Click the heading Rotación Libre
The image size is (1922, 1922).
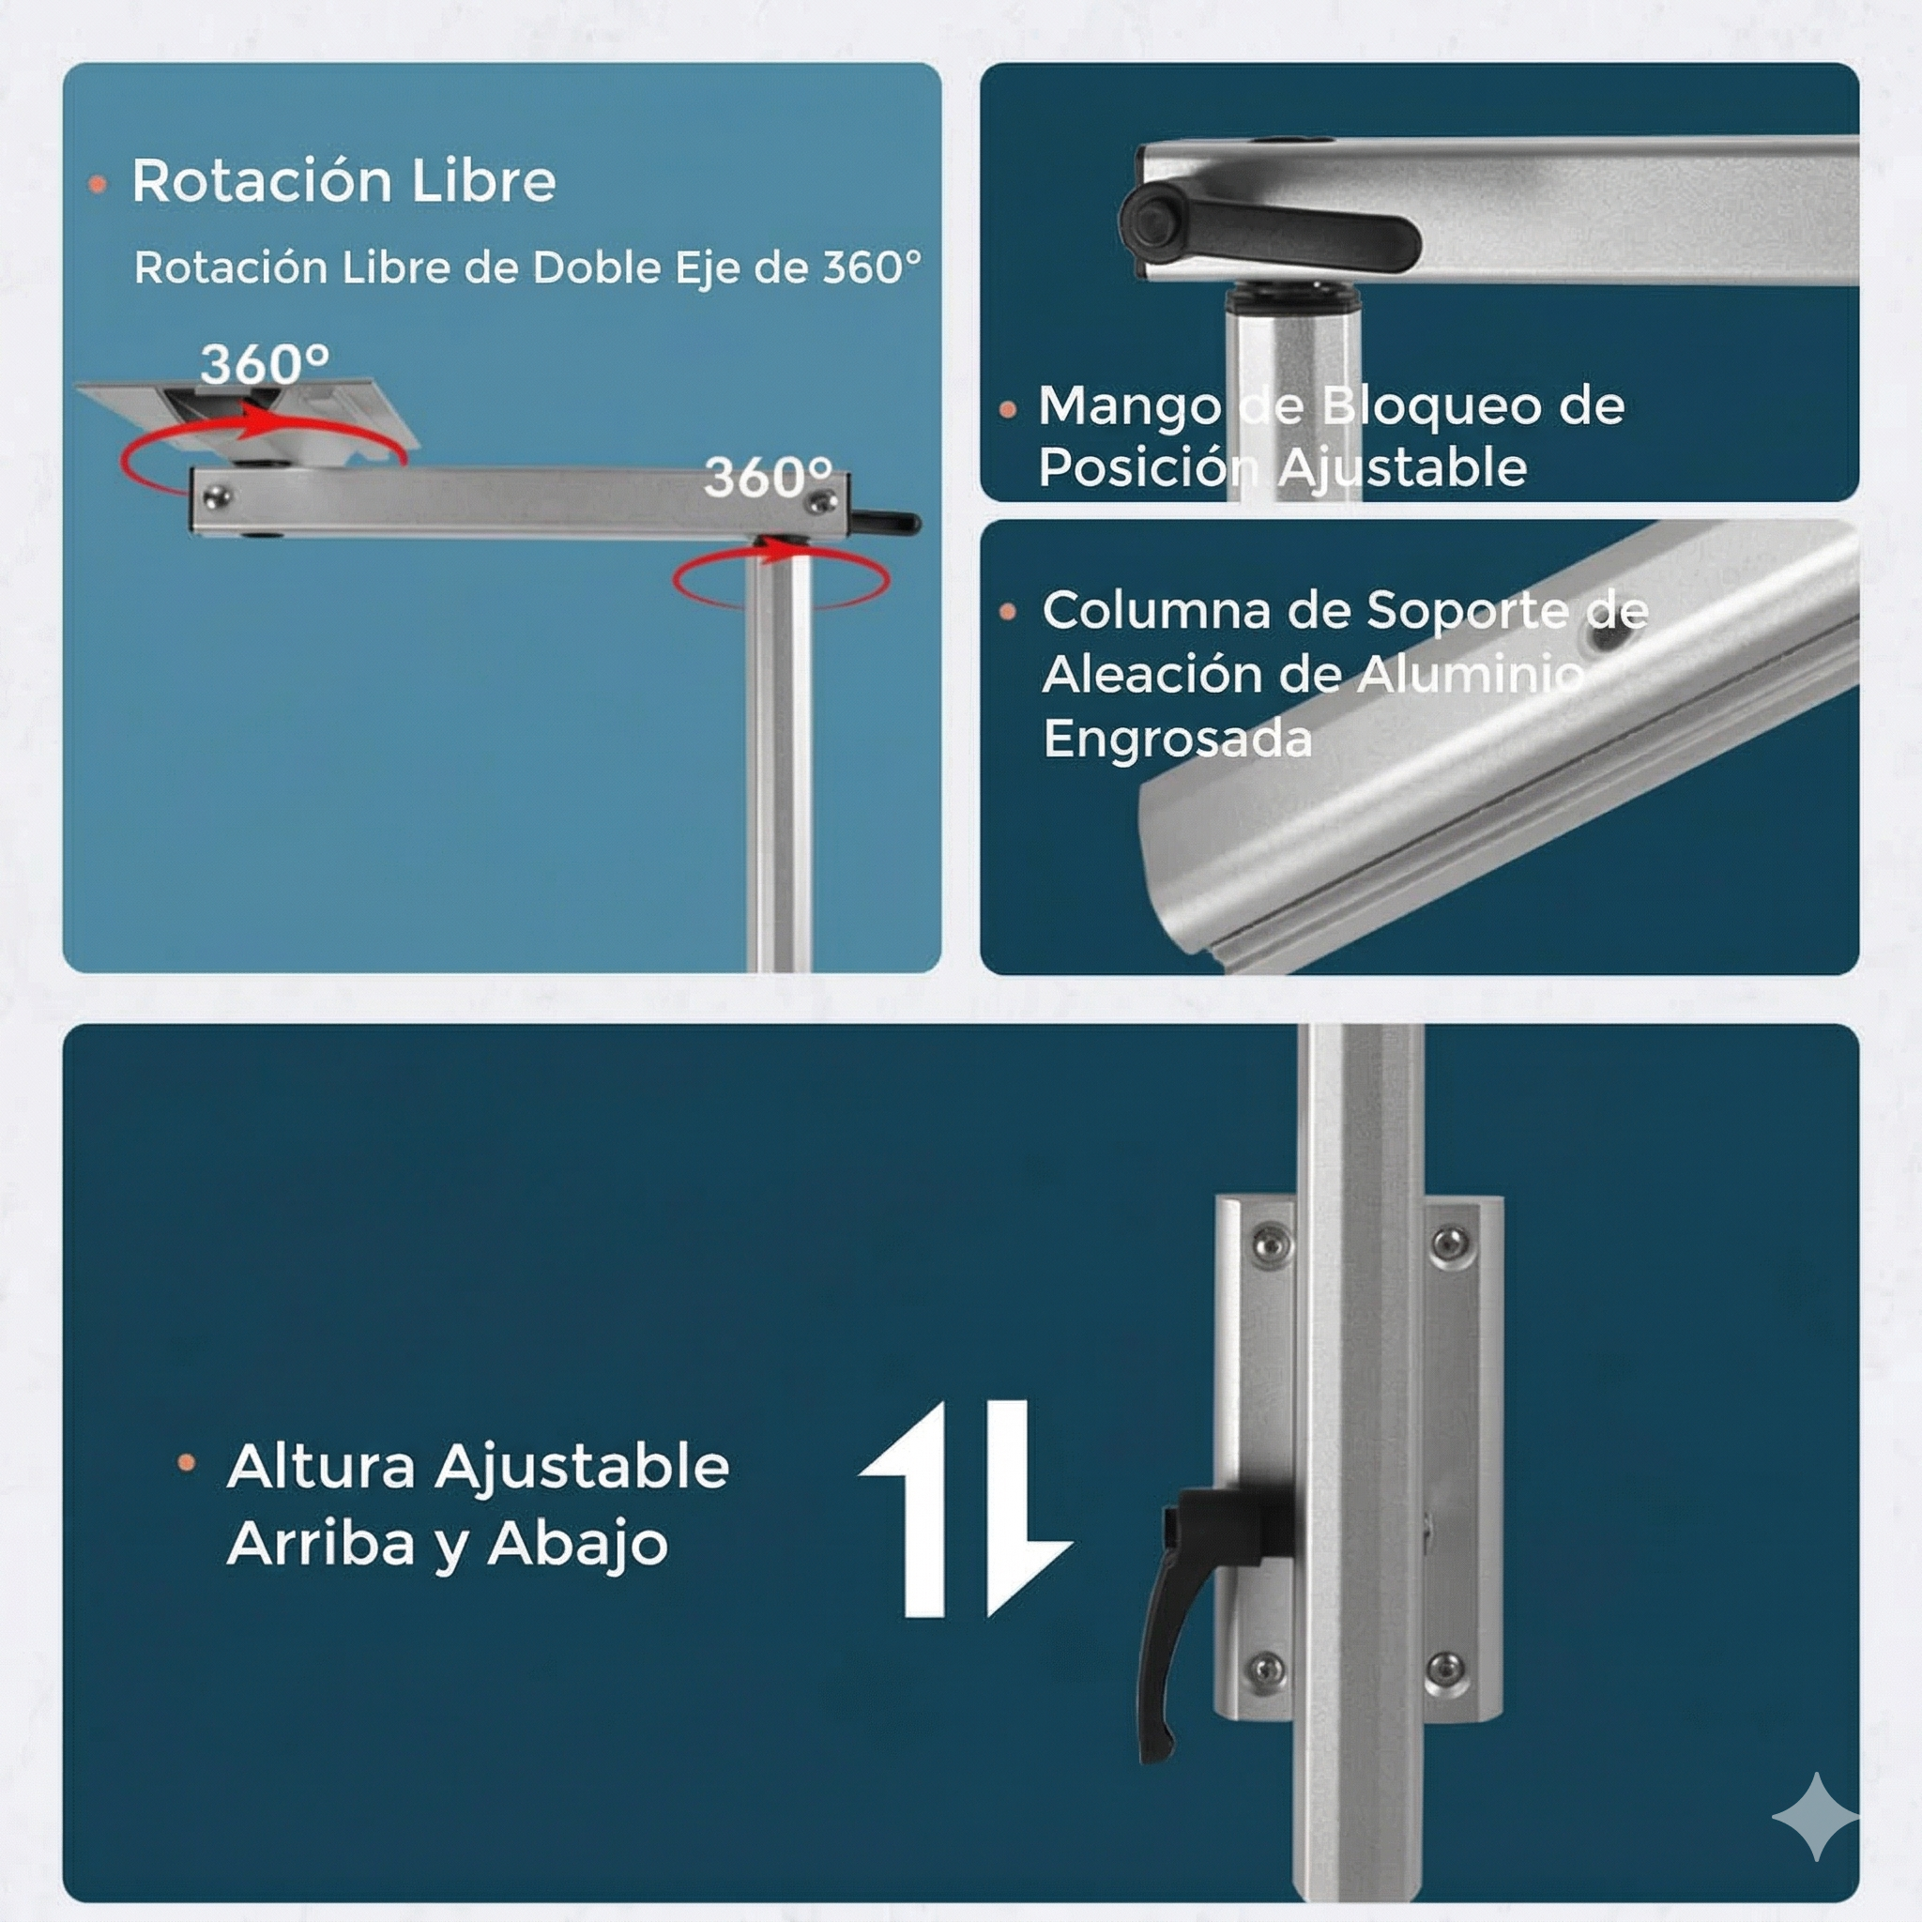coord(343,182)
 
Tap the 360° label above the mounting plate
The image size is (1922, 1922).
coord(265,364)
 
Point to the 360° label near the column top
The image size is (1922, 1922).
coord(767,478)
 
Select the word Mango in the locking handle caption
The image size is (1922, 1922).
coord(1130,405)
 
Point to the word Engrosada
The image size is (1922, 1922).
coord(1178,740)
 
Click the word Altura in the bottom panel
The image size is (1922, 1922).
coord(321,1467)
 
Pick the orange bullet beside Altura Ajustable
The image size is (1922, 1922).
coord(186,1462)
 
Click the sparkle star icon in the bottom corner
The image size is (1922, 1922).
coord(1815,1817)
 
